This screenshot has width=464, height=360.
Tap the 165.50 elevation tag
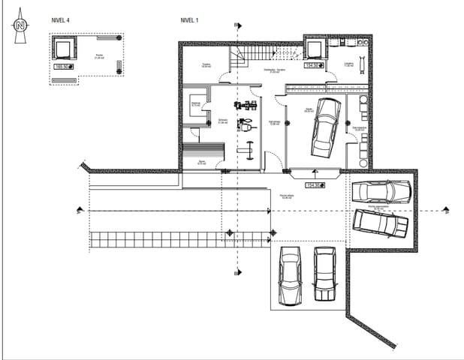click(64, 67)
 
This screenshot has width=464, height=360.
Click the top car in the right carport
click(381, 192)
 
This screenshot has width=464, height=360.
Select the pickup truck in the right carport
click(381, 222)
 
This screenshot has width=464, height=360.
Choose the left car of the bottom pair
click(290, 275)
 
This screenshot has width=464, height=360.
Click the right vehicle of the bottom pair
click(324, 274)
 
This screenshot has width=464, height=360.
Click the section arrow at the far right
click(446, 210)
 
